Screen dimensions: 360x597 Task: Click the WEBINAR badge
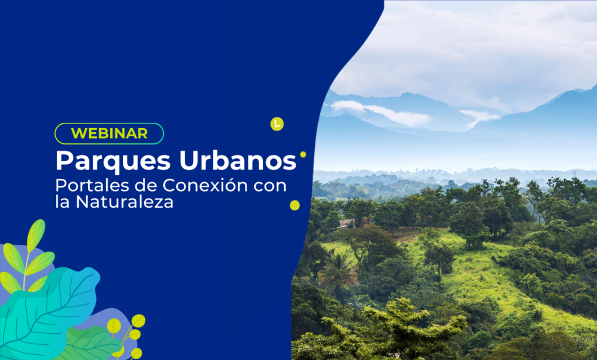109,133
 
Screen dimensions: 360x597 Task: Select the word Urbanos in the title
245,160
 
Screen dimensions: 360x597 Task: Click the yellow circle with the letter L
277,123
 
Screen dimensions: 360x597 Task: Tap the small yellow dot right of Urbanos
303,154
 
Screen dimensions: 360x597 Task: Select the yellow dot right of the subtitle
295,205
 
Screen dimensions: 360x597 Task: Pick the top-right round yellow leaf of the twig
138,321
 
